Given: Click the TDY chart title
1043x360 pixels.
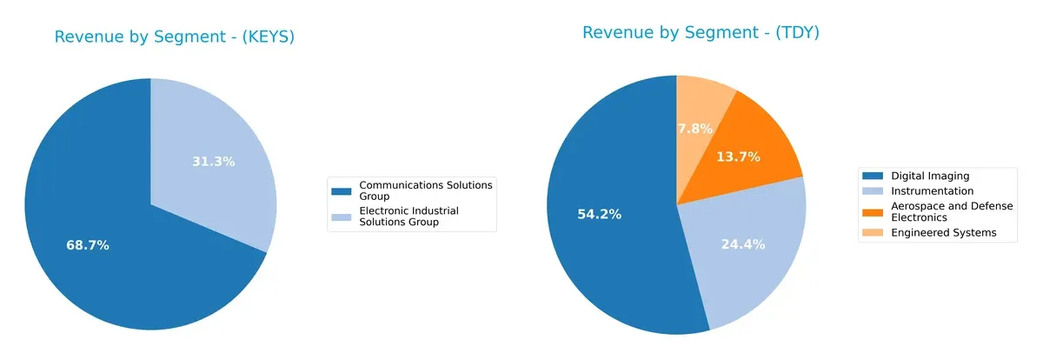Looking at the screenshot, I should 701,33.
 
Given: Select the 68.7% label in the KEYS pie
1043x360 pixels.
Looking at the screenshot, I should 88,245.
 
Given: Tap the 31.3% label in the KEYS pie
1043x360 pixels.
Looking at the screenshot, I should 213,161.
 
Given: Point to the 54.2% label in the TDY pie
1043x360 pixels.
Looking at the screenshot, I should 599,214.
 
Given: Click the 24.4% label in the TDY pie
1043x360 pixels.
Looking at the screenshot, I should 742,244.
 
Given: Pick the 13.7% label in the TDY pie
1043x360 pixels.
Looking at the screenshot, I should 739,157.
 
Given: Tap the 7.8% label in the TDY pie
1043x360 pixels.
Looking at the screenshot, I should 694,129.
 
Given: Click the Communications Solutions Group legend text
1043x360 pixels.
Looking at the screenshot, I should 425,190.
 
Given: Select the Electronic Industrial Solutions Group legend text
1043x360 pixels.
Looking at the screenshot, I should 409,217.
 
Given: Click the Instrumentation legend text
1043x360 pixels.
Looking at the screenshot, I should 933,190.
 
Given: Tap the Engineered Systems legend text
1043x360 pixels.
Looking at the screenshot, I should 944,232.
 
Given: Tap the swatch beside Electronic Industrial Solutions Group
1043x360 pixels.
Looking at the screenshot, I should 342,211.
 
